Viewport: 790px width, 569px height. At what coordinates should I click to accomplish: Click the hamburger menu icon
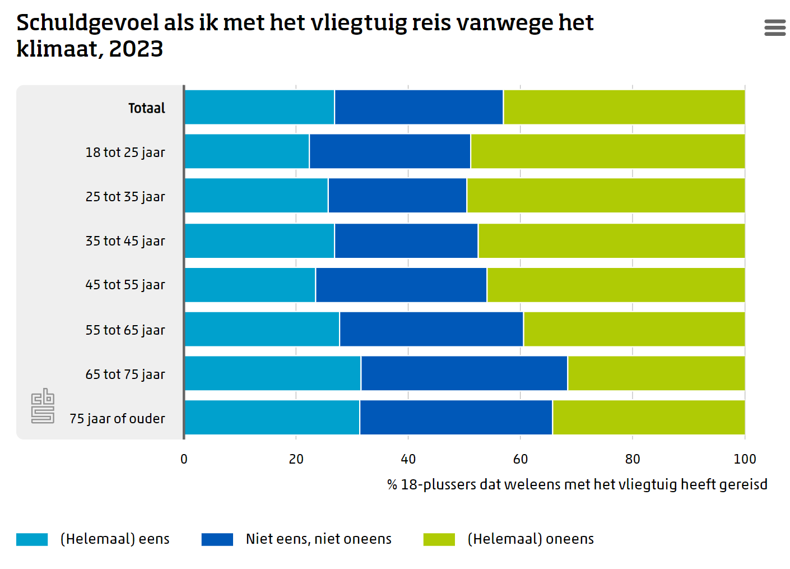775,27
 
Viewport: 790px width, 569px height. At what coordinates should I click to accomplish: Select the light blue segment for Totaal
259,107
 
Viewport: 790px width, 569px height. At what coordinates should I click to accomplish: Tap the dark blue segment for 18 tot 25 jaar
390,151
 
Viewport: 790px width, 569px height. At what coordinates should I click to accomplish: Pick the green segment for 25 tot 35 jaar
606,196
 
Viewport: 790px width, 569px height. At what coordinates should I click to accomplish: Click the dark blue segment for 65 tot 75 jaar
464,373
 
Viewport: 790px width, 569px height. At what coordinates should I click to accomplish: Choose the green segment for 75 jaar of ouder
648,418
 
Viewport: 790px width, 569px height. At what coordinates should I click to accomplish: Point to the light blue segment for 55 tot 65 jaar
262,329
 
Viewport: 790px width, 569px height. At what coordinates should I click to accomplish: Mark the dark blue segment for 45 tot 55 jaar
401,285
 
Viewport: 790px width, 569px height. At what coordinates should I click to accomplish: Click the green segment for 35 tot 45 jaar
611,240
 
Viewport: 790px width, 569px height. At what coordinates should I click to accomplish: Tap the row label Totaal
147,108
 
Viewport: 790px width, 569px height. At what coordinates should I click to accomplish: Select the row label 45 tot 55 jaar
125,285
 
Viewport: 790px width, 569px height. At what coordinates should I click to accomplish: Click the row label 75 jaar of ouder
117,419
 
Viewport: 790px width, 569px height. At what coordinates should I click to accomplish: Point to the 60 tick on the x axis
521,459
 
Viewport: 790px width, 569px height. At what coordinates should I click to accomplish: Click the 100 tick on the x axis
745,459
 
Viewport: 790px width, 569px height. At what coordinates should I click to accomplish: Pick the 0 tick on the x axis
184,459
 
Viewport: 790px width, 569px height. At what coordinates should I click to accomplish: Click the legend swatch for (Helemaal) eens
32,539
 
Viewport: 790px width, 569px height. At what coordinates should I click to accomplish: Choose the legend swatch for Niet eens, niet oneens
217,539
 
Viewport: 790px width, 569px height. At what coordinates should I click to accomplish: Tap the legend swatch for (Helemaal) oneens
439,539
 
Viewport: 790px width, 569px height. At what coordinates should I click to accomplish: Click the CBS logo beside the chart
43,406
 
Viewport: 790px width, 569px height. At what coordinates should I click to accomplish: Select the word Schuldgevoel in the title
87,23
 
